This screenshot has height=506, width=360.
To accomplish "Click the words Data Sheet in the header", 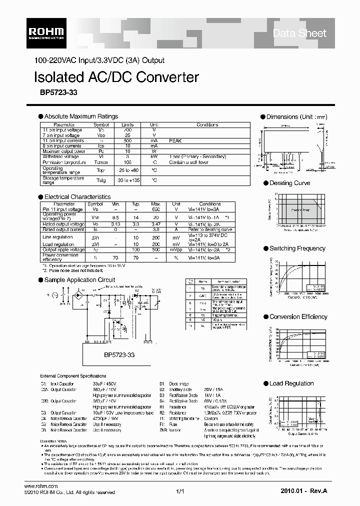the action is click(x=299, y=33).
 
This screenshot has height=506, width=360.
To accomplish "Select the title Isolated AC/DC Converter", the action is click(x=116, y=77).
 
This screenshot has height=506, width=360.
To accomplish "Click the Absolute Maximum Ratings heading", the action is click(x=81, y=116).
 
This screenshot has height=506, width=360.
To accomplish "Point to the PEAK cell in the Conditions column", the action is click(x=175, y=141).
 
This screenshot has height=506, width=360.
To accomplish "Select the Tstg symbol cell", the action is click(x=101, y=179).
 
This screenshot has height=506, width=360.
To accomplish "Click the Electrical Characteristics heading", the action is click(x=77, y=197).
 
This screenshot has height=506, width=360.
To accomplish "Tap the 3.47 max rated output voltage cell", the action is click(x=155, y=224).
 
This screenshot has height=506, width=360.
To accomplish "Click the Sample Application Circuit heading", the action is click(x=79, y=280).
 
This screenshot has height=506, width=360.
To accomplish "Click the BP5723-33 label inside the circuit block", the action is click(x=119, y=354).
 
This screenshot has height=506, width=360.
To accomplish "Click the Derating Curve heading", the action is click(x=289, y=183).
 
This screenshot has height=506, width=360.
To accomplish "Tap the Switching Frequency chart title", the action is click(x=297, y=248).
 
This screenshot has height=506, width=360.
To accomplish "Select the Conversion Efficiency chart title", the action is click(x=298, y=317).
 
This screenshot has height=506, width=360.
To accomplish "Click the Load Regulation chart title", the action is click(x=291, y=383).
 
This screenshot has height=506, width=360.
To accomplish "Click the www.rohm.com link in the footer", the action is click(x=41, y=486).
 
